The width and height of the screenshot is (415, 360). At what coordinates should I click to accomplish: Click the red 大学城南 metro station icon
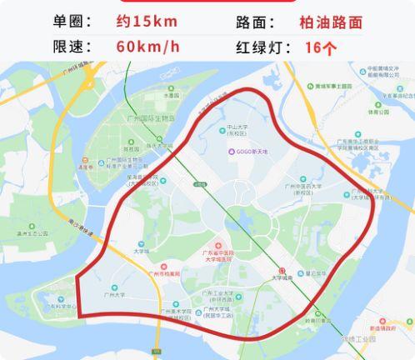click(282, 270)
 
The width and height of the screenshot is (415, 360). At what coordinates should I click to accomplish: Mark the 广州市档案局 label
click(163, 272)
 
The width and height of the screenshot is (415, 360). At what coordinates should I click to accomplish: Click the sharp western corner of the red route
click(77, 276)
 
